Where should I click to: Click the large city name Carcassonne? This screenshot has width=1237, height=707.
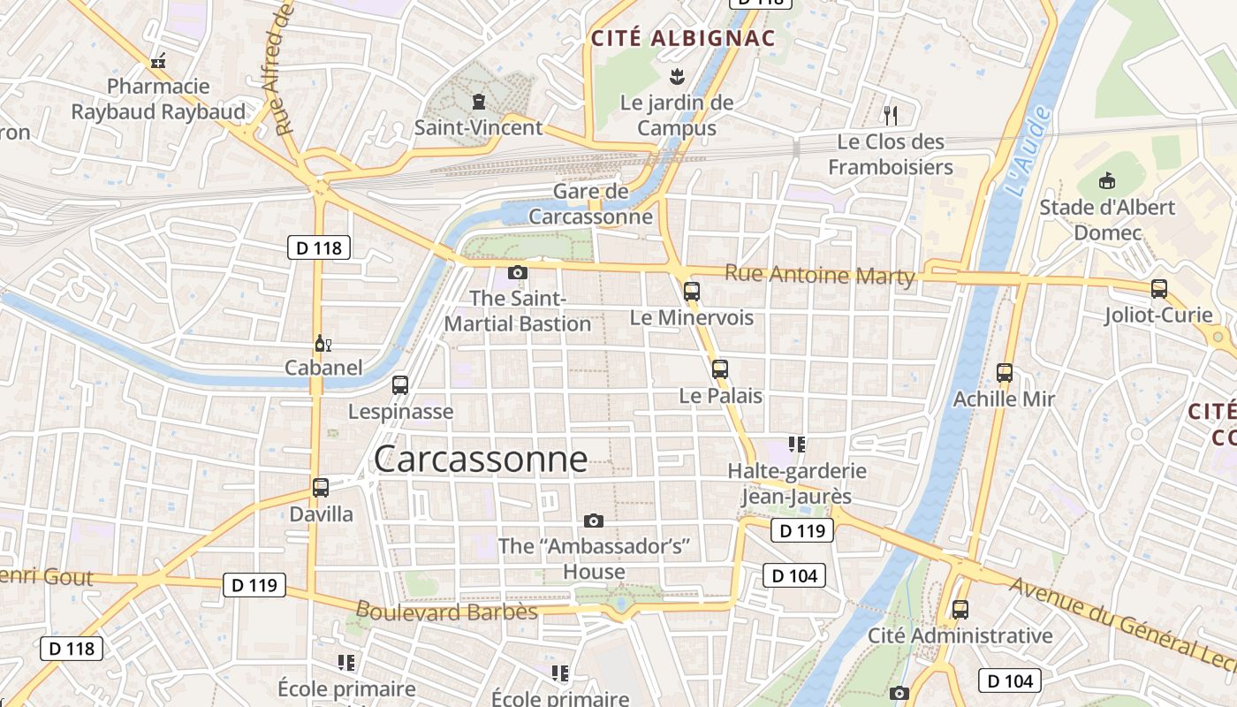click(x=480, y=459)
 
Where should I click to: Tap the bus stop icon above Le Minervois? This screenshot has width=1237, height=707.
click(x=692, y=290)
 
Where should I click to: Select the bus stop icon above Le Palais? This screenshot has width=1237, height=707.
click(x=720, y=369)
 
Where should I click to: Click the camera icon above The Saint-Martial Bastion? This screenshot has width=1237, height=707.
click(x=518, y=272)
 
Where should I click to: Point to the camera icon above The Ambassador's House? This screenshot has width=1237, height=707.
click(x=594, y=521)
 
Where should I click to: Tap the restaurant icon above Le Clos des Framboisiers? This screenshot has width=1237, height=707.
click(x=891, y=115)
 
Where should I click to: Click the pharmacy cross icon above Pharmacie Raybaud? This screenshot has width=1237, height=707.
click(x=158, y=61)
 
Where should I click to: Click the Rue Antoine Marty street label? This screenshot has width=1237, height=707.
click(x=819, y=275)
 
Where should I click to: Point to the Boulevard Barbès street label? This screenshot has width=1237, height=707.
click(x=446, y=611)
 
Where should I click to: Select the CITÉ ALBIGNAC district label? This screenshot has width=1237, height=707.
click(x=682, y=39)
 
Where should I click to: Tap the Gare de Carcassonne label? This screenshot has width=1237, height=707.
click(x=590, y=204)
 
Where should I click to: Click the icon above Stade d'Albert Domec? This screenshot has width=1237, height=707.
click(x=1105, y=181)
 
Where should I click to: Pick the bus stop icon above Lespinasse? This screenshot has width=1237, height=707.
click(x=400, y=384)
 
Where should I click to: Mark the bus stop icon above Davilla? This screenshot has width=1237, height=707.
click(x=321, y=487)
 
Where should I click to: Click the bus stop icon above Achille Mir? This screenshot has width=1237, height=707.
click(x=1004, y=372)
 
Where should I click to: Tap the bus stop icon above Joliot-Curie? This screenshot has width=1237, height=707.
click(x=1159, y=288)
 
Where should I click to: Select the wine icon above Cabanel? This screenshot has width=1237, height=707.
click(x=323, y=343)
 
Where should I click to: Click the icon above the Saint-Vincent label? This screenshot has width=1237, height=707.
click(x=479, y=101)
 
